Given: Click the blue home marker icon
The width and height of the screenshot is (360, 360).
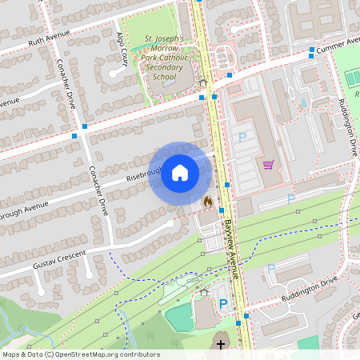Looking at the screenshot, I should coord(180,171).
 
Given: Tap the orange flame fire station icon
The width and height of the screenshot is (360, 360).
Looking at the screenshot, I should coord(208,202).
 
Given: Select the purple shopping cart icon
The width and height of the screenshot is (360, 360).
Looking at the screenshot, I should coord(269,165).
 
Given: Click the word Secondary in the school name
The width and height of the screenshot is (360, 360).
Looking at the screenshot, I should coord(166,67).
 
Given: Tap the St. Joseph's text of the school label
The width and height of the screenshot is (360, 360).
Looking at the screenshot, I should coord(164,38).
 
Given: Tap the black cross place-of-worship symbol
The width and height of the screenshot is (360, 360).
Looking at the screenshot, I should coord(221,345).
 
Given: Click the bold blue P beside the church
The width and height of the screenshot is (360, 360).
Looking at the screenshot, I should coord(223,304).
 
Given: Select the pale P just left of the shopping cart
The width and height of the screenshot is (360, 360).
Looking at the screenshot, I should coord(242,138).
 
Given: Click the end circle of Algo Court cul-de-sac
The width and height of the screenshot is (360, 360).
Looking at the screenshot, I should coord(117,72).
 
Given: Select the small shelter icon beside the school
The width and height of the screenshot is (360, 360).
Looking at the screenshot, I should coord(203,82).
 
